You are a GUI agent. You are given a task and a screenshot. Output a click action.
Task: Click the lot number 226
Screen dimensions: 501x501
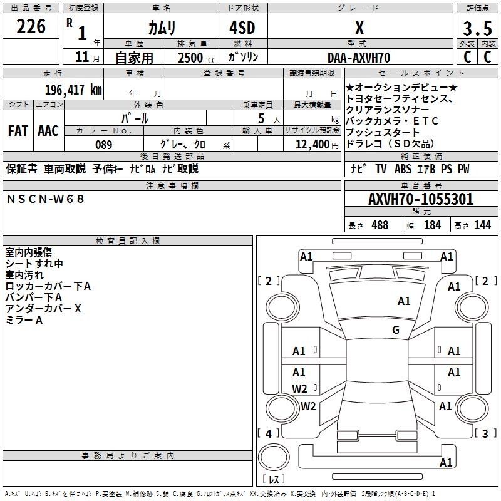[31, 27]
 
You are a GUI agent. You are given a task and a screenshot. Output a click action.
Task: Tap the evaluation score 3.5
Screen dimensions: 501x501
[476, 29]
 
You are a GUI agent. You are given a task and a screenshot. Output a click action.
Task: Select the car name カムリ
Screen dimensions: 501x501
[162, 28]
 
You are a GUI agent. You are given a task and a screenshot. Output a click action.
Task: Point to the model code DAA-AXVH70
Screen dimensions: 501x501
[359, 58]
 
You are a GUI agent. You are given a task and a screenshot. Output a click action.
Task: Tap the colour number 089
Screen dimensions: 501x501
[103, 145]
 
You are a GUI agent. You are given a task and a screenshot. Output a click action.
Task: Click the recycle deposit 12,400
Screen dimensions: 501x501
[311, 145]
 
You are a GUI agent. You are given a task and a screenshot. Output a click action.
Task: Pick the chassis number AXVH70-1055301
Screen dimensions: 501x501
[421, 199]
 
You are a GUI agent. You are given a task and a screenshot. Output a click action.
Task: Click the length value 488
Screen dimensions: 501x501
[380, 225]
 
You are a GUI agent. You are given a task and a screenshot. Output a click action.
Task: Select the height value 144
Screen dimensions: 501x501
[482, 225]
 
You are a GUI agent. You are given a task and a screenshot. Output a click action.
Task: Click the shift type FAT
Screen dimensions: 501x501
[18, 130]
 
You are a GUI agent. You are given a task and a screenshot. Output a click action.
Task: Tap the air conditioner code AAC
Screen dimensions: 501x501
[48, 130]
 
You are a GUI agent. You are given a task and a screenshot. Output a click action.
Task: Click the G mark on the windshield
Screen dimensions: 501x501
[396, 329]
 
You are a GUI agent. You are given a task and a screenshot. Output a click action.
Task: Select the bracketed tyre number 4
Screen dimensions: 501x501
[269, 433]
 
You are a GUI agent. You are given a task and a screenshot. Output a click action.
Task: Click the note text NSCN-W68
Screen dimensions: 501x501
[45, 199]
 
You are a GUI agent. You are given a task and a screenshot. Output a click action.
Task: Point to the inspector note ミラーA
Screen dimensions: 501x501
[24, 320]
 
